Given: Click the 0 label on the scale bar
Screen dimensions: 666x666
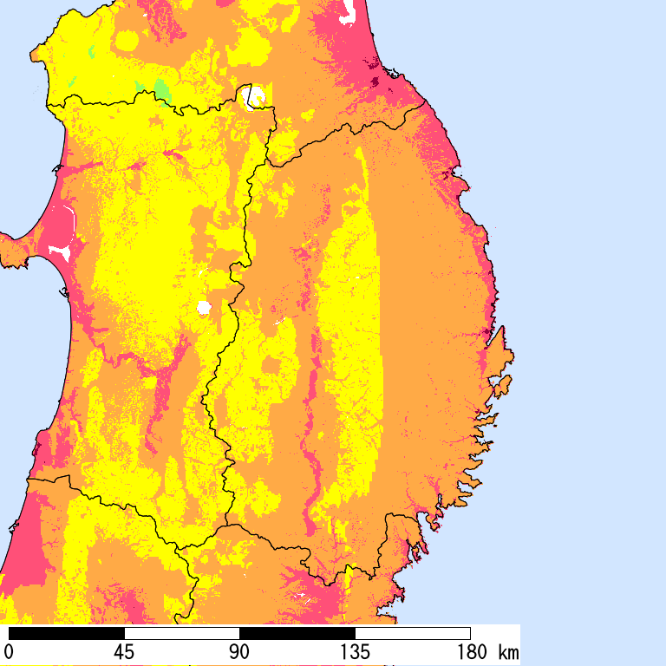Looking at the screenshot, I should [9, 651].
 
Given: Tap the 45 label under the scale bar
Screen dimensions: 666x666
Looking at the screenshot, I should [124, 651].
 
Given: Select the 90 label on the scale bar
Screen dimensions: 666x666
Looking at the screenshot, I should [239, 651].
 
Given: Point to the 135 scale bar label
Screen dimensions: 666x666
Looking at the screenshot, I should [355, 651].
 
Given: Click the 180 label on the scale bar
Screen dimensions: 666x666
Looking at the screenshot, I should [470, 651].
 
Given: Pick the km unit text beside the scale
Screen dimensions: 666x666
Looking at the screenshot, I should [508, 651].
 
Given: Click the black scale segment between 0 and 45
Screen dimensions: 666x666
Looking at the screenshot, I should [67, 633].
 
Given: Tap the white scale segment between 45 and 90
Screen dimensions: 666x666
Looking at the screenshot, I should [182, 633].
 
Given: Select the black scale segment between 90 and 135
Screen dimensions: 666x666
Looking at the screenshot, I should [297, 633].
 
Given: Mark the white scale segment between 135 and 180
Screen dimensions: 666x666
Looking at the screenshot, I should [413, 633].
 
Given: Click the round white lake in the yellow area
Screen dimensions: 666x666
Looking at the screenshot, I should [204, 307].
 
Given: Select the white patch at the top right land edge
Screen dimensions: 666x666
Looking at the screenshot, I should [349, 11].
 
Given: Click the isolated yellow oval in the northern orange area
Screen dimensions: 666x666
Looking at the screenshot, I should [127, 41].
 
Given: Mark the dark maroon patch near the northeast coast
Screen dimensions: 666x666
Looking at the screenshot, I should [375, 82].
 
